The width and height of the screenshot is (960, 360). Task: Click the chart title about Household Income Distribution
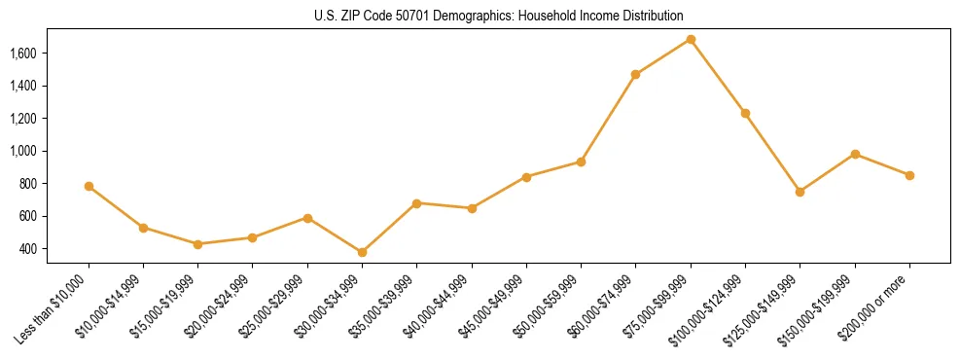(499, 16)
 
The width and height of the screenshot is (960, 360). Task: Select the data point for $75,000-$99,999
(691, 39)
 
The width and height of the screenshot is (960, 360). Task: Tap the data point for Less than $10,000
(89, 186)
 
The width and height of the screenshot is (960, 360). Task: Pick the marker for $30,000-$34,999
(362, 252)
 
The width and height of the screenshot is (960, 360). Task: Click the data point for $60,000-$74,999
(635, 74)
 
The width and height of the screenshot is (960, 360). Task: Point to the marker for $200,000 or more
(909, 175)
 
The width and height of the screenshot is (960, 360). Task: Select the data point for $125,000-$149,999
(800, 192)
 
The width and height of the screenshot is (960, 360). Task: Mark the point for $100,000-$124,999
(745, 113)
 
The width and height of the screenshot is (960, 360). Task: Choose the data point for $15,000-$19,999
(197, 244)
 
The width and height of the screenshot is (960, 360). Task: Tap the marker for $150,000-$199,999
(855, 154)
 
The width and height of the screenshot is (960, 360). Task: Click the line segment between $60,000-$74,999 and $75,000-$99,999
(663, 56)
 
